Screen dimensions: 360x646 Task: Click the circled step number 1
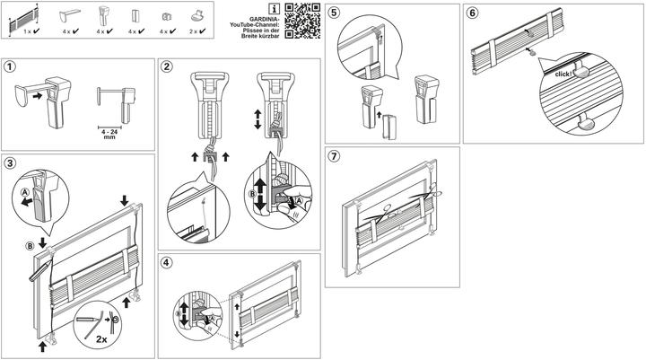(11, 66)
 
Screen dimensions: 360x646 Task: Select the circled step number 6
(472, 13)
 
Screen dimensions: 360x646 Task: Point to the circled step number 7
(334, 156)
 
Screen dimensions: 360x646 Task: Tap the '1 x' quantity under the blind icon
(28, 31)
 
